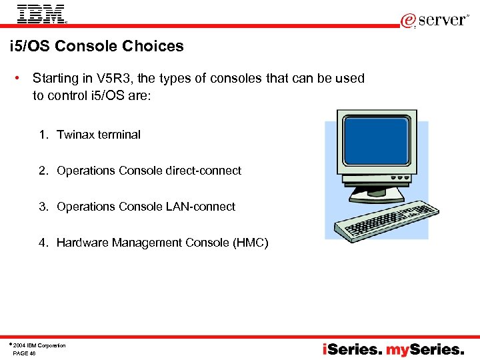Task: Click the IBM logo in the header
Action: [41, 13]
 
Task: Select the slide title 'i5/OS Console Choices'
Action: [97, 47]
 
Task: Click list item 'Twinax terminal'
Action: [99, 135]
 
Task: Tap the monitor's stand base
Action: [383, 194]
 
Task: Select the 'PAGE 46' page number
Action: [24, 353]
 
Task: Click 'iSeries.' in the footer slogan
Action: [353, 349]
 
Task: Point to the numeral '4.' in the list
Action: [43, 243]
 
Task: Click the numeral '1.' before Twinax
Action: [43, 135]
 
